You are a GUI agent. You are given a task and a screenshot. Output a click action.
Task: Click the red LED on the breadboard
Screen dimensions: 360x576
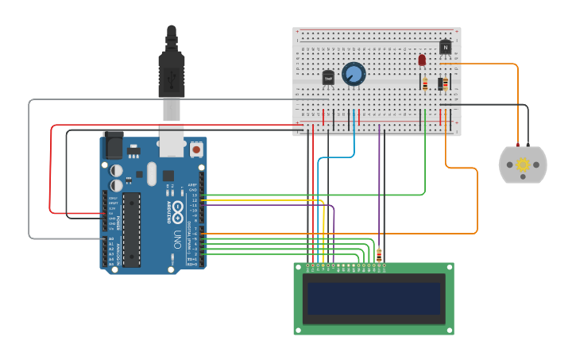point(422,60)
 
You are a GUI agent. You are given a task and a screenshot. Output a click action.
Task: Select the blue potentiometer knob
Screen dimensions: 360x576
point(354,74)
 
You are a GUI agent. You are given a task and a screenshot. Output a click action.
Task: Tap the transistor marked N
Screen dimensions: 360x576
point(445,48)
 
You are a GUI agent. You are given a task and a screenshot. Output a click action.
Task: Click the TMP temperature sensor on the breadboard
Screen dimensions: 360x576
point(328,78)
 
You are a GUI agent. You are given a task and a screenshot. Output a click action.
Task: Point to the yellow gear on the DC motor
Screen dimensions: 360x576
point(523,165)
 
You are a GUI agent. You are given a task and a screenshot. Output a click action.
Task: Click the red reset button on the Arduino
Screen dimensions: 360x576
point(195,149)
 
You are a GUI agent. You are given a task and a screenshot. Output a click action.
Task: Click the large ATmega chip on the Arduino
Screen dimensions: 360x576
point(132,229)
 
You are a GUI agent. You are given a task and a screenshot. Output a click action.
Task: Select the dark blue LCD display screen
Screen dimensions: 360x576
point(373,298)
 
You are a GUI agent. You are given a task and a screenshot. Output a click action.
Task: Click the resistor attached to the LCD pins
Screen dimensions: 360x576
point(378,256)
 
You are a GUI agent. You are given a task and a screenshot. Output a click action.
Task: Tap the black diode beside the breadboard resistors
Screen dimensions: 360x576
point(441,83)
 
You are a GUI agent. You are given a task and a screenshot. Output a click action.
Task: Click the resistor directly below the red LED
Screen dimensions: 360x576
point(424,83)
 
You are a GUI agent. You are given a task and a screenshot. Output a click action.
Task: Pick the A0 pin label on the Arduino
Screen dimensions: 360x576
point(111,238)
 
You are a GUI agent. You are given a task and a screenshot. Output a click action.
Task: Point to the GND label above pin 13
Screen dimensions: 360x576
point(193,190)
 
